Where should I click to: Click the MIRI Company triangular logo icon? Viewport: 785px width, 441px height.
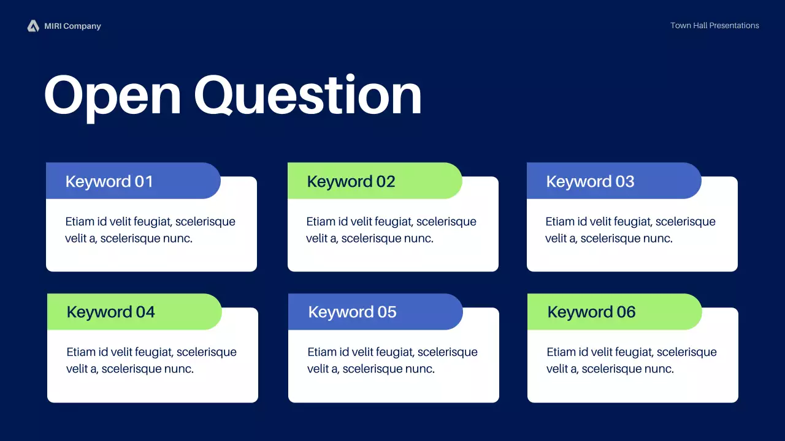pos(33,26)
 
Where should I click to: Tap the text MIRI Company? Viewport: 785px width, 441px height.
pos(72,26)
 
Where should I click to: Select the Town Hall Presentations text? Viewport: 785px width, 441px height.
pos(714,26)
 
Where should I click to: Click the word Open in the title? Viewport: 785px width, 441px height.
pos(113,96)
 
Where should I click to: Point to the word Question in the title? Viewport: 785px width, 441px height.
pos(308,95)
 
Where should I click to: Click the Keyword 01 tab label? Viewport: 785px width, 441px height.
pos(109,182)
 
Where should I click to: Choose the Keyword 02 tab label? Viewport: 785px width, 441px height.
pos(351,182)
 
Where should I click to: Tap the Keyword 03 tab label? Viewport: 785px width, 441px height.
pos(590,182)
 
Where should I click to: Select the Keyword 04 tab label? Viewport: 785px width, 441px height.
pos(111,312)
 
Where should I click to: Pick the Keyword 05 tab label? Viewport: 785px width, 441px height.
pos(352,312)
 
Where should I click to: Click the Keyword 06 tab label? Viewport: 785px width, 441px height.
pos(592,312)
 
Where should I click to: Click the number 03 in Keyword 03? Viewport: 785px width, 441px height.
pos(625,182)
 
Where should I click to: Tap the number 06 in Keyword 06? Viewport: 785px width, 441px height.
pos(626,312)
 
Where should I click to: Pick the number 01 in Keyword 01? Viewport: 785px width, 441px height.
pos(144,182)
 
